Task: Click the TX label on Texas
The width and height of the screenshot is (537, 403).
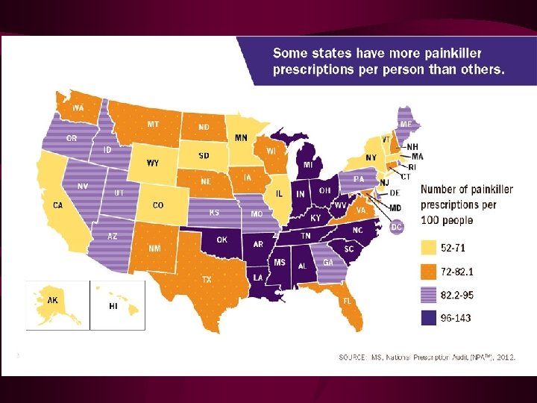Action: [207, 279]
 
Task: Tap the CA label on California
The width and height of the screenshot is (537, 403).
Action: [57, 204]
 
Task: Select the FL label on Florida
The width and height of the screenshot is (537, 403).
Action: [348, 300]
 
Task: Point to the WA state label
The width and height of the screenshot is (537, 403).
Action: [78, 107]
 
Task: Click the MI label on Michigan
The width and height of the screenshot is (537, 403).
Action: [307, 164]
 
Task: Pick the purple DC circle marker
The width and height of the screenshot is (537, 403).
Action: [397, 226]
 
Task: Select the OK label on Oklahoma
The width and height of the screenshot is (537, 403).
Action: [222, 240]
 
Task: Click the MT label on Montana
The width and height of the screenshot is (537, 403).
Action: [153, 124]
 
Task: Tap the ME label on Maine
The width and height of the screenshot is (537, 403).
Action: [406, 124]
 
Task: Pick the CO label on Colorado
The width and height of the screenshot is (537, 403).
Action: [158, 204]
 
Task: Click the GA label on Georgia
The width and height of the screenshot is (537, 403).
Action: [327, 263]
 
